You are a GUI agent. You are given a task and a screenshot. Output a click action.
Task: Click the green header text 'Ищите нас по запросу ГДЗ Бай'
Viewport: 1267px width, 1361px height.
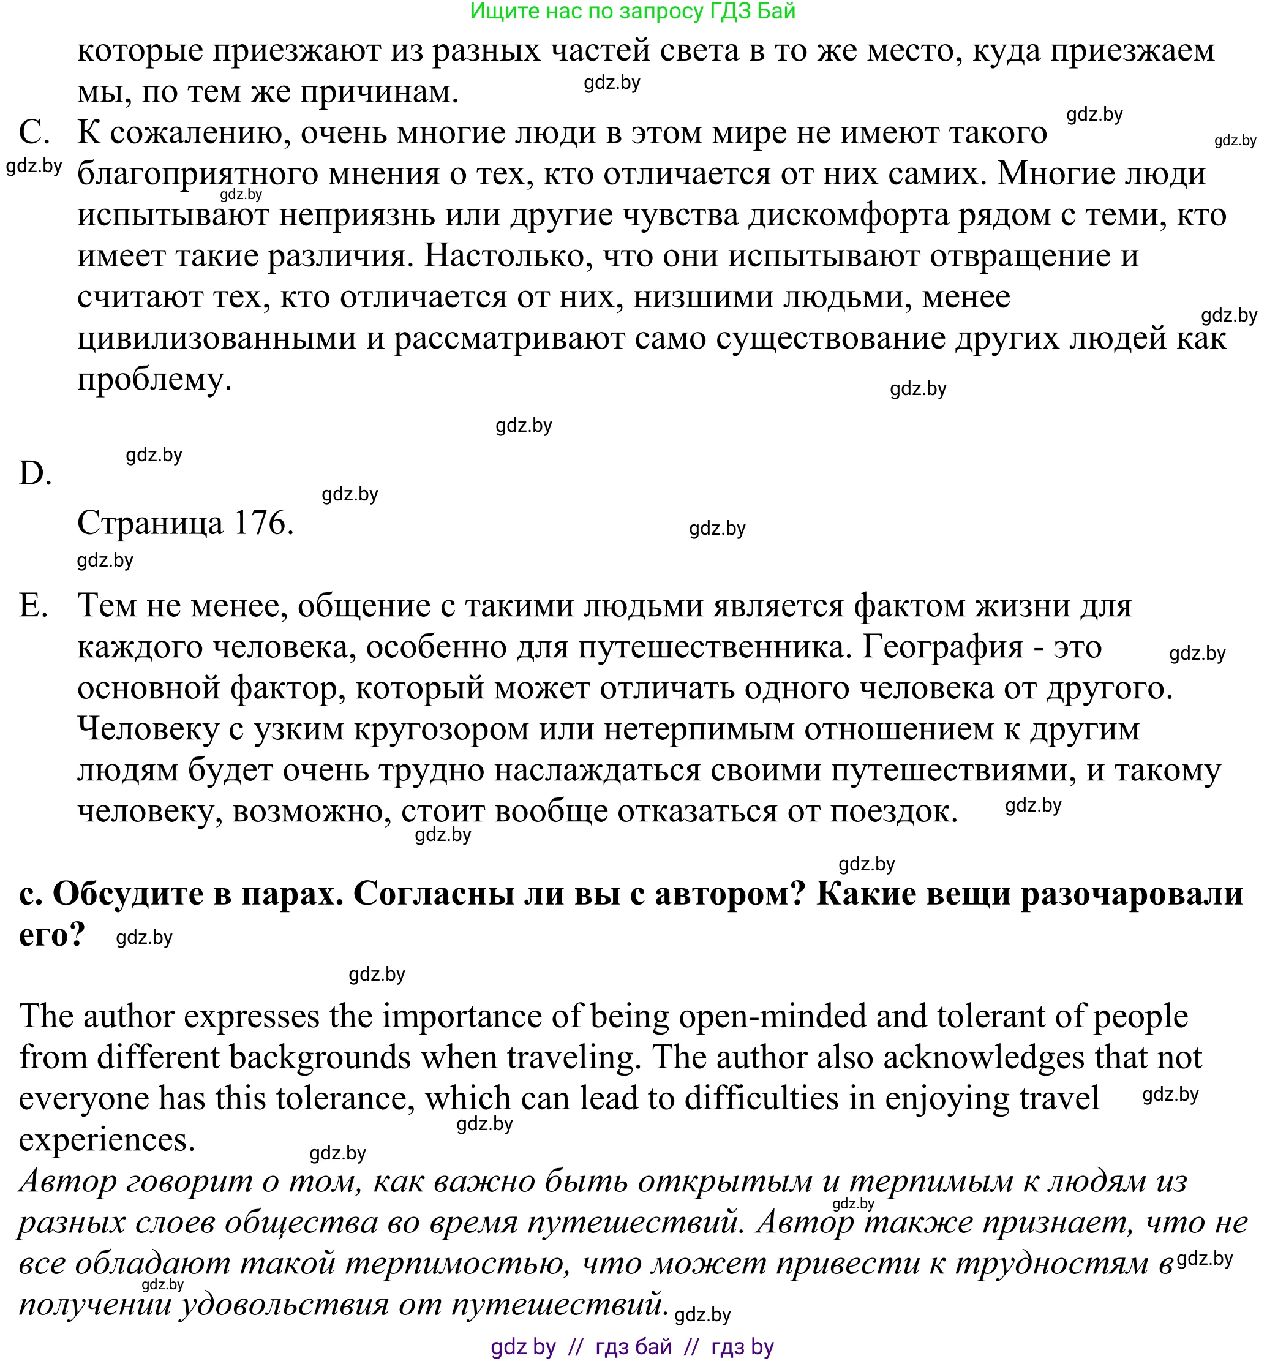(633, 11)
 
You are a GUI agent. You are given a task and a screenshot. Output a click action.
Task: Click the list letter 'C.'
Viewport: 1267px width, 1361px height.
(34, 132)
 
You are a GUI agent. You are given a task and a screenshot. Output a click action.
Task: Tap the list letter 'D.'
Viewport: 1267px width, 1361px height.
(36, 473)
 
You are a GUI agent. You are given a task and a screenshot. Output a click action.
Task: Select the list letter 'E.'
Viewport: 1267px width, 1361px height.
(34, 605)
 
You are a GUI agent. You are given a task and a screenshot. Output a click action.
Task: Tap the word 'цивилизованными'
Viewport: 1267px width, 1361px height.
(217, 338)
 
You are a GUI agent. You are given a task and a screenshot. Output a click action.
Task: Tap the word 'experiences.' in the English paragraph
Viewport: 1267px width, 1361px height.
(107, 1140)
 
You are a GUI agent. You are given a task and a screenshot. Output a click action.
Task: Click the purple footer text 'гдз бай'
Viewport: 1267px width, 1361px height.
(634, 1348)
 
